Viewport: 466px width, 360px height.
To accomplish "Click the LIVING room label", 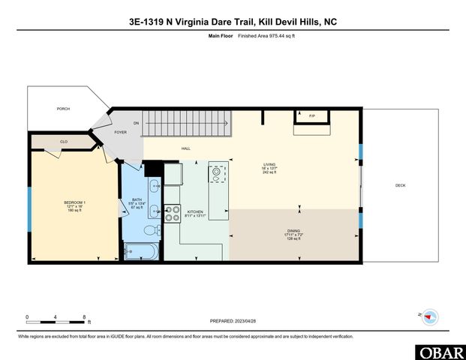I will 269,164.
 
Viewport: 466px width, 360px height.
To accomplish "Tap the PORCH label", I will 63,109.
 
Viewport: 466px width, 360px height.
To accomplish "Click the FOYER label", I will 121,132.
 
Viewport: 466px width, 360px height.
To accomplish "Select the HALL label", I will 185,148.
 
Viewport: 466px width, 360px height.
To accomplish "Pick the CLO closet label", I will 65,141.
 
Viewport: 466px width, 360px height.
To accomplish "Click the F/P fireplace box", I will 311,116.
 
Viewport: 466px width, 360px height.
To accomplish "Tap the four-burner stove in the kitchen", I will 173,213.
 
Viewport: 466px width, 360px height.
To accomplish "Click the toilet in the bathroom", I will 149,230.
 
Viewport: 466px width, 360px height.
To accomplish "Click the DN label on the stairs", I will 137,123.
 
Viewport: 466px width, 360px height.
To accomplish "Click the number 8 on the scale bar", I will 84,316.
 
